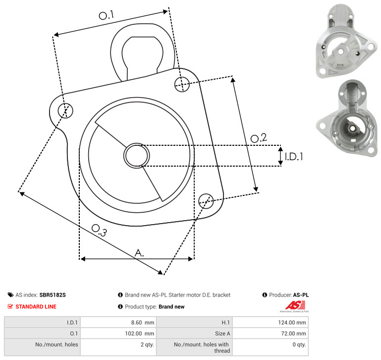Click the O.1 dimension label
(x=106, y=15)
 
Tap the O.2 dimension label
(x=259, y=138)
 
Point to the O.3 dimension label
(x=99, y=230)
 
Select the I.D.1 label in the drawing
(x=294, y=157)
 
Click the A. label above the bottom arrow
(x=139, y=253)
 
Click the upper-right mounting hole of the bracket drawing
(x=182, y=84)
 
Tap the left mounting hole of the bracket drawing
(x=65, y=111)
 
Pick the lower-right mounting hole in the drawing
(x=206, y=201)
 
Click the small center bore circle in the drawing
(x=137, y=156)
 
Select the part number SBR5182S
(x=53, y=295)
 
